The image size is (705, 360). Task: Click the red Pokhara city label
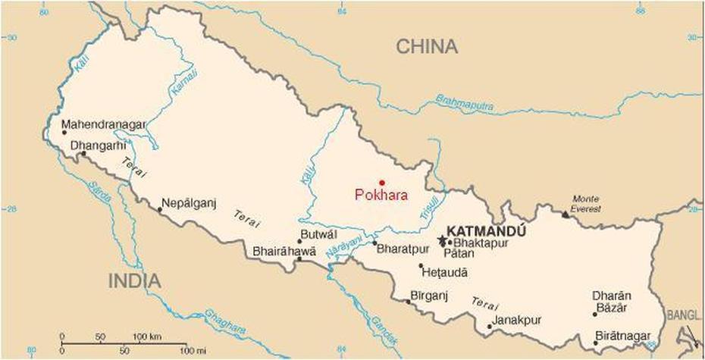point(381,195)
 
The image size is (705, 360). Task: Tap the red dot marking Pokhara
point(382,182)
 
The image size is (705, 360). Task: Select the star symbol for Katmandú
point(442,241)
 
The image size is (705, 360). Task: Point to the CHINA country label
point(428,47)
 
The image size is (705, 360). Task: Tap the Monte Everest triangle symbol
point(565,214)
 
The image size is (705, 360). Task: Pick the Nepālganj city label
point(189,203)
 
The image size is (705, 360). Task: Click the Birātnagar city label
point(624,334)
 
